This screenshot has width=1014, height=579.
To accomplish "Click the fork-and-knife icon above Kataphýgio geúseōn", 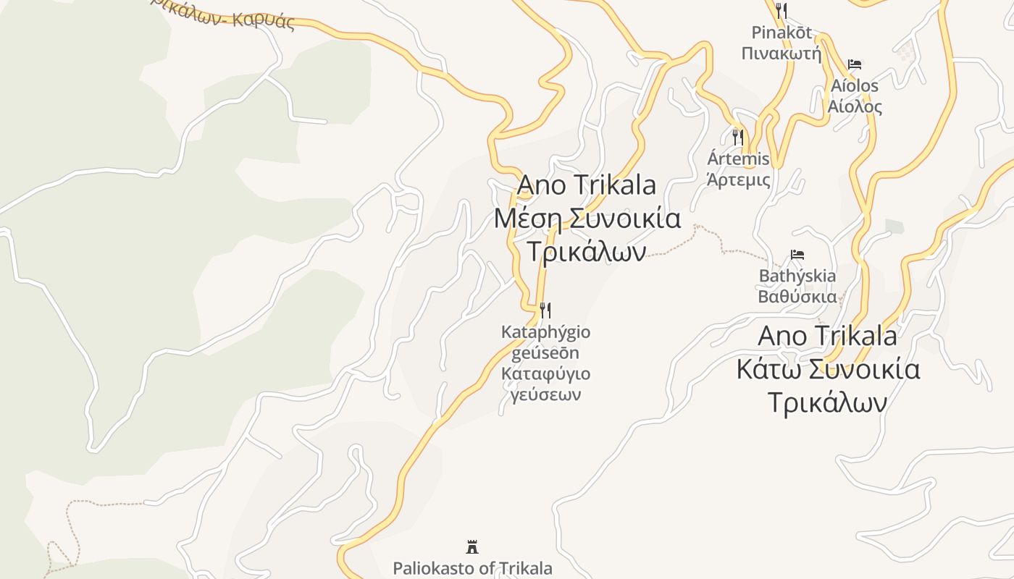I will pos(545,310).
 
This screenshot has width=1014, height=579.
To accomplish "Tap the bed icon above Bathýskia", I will pos(797,255).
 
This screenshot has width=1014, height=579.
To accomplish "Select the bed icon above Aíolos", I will pos(855,64).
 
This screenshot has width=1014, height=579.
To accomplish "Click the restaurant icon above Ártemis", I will pos(738,137).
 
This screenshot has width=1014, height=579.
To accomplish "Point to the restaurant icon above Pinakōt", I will pos(781,11).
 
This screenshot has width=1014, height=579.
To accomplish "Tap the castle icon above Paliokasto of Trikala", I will pos(472,546).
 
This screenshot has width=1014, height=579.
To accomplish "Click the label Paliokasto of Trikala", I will pos(472,568).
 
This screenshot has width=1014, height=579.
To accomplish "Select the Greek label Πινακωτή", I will pos(782,53).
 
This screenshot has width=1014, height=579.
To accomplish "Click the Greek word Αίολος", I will pos(855,107).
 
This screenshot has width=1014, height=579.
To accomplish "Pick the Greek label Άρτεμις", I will pos(738,179).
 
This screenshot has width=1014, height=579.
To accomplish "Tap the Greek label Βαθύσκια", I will pos(797,296).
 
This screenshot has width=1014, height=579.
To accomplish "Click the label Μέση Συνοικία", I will pos(587,218).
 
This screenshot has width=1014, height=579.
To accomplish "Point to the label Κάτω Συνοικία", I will pos(828,369).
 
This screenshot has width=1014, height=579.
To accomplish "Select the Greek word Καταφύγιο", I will pos(545,374).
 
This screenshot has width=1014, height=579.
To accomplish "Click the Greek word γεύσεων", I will pos(545,394).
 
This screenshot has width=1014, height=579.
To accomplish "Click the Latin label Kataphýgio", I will pos(545,332).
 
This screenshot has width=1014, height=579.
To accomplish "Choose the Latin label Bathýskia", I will pos(797,276).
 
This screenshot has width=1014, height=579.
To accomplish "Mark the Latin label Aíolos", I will pos(855,86).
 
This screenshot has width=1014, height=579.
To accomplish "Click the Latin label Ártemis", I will pos(738,159).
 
